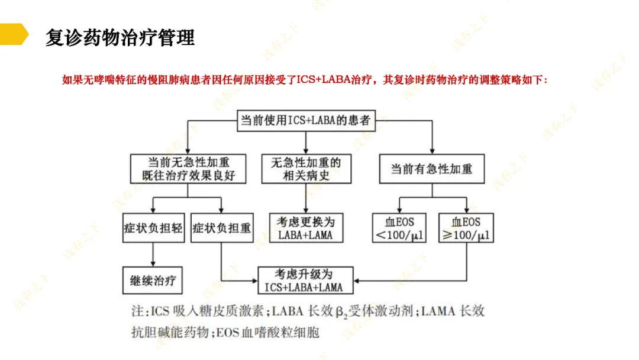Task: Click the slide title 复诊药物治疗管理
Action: tap(120, 37)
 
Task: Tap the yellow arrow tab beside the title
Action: tap(13, 34)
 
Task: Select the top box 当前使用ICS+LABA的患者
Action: tap(305, 121)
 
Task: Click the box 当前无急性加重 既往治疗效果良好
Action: tap(188, 169)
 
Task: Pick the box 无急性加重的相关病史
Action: tap(306, 169)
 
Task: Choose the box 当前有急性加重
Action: tap(431, 169)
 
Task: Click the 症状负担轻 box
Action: tap(153, 228)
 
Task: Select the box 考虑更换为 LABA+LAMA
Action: tap(305, 228)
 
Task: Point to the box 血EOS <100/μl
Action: tap(399, 229)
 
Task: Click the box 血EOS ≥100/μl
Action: tap(466, 229)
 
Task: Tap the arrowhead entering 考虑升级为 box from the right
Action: tap(358, 281)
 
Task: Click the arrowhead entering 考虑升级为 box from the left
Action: tap(254, 281)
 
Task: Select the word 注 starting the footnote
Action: tap(136, 311)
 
